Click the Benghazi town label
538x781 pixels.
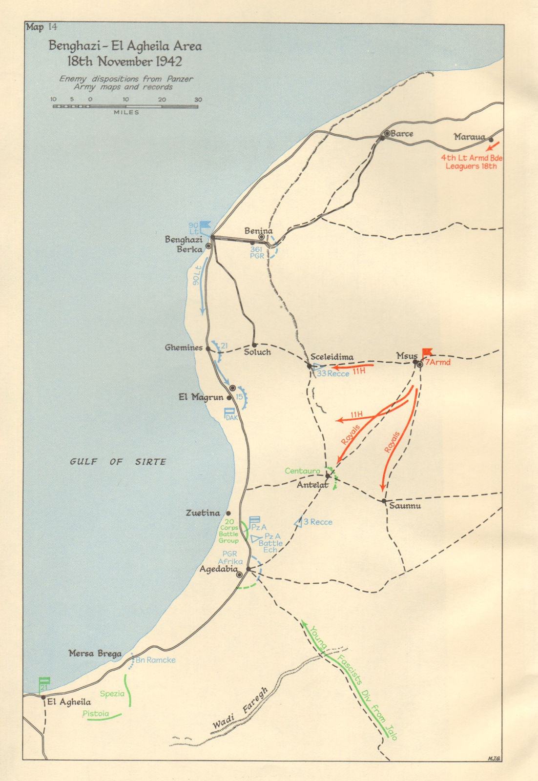point(184,240)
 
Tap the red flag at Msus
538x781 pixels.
point(427,351)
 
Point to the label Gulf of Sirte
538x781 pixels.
point(118,462)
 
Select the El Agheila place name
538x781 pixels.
point(69,702)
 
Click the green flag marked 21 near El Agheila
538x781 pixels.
point(44,683)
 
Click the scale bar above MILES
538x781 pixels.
point(125,106)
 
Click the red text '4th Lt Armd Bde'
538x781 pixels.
point(471,158)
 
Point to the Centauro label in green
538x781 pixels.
point(303,471)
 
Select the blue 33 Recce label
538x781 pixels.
point(333,373)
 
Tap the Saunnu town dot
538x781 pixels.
point(384,501)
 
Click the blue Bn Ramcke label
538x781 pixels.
point(155,660)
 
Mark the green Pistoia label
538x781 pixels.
point(96,714)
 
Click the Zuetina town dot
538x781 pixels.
point(228,514)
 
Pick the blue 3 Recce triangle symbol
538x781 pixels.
point(297,522)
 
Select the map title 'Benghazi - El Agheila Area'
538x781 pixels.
point(125,46)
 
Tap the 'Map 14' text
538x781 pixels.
point(41,27)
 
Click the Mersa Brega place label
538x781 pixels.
point(95,654)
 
